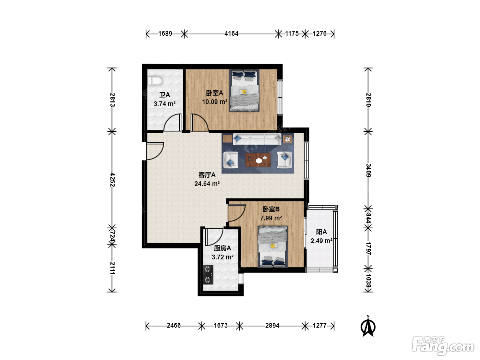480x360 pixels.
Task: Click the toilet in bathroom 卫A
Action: pyautogui.click(x=155, y=81)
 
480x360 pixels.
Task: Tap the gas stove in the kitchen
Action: pyautogui.click(x=208, y=274)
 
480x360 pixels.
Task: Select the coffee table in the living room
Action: pyautogui.click(x=258, y=159)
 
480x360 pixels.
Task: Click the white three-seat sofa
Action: pyautogui.click(x=257, y=139)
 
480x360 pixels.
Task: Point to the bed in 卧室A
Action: pyautogui.click(x=244, y=91)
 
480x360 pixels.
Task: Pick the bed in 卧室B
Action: pyautogui.click(x=273, y=247)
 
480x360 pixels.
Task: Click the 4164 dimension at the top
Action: pyautogui.click(x=231, y=34)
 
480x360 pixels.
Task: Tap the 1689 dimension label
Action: pyautogui.click(x=165, y=34)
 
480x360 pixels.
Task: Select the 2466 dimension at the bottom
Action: pyautogui.click(x=173, y=325)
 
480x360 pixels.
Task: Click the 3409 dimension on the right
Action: pyautogui.click(x=368, y=170)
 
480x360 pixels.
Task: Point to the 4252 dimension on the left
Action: pyautogui.click(x=112, y=180)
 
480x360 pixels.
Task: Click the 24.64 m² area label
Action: pyautogui.click(x=207, y=184)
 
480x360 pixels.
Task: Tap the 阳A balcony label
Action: pyautogui.click(x=321, y=232)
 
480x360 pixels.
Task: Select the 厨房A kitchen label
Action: pyautogui.click(x=223, y=248)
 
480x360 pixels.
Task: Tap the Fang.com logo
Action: pyautogui.click(x=443, y=346)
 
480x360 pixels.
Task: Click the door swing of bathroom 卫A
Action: pyautogui.click(x=173, y=122)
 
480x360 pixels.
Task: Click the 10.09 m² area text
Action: pyautogui.click(x=215, y=102)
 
